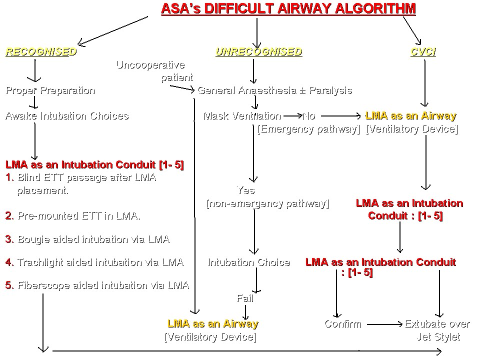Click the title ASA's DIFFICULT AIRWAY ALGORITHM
click(x=288, y=8)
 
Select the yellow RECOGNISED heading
click(x=41, y=52)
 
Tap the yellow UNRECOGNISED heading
click(x=258, y=52)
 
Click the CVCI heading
click(x=423, y=52)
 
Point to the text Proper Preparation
click(x=50, y=90)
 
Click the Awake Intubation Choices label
click(x=66, y=116)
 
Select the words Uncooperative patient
click(x=154, y=71)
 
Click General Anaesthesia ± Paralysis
click(x=274, y=90)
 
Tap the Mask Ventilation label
click(x=242, y=116)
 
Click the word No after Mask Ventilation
click(x=309, y=116)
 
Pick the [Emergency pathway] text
click(x=308, y=129)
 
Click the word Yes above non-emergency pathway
click(x=245, y=190)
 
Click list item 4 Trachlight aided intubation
click(x=94, y=262)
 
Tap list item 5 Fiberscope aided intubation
click(x=97, y=285)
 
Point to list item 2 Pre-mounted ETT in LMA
click(x=73, y=216)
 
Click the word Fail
click(x=245, y=298)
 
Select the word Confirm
click(x=342, y=324)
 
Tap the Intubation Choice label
click(x=248, y=262)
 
